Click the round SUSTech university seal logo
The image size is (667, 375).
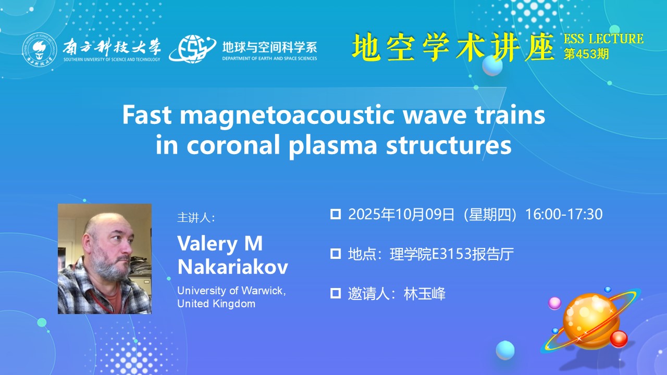(40, 49)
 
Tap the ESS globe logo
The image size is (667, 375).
(193, 49)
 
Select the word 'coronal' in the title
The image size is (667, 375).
(233, 145)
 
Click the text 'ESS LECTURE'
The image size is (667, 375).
(603, 39)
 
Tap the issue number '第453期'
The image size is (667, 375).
(586, 54)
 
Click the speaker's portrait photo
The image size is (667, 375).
(105, 259)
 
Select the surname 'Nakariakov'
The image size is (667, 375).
(232, 267)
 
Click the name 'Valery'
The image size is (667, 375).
(207, 244)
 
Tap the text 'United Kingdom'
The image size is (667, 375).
(216, 304)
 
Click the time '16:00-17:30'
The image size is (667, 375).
(564, 214)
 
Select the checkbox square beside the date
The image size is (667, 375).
(336, 214)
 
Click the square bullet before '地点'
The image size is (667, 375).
(336, 254)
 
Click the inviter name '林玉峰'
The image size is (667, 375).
(425, 294)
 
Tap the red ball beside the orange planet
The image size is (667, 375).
(619, 339)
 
